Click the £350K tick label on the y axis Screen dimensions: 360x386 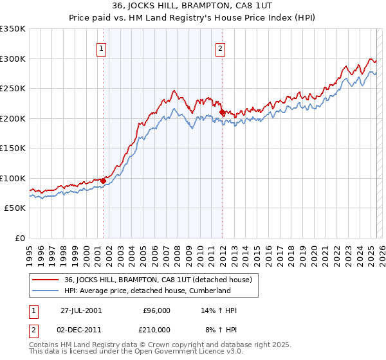point(13,29)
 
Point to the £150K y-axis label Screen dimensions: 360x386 point(13,148)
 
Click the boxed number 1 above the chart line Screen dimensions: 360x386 point(102,47)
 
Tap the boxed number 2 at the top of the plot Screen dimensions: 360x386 point(220,47)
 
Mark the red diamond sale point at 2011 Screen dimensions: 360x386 point(222,113)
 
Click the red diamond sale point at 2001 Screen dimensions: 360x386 point(103,181)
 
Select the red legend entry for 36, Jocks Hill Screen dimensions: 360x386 point(161,280)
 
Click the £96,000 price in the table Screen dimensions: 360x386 point(156,310)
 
